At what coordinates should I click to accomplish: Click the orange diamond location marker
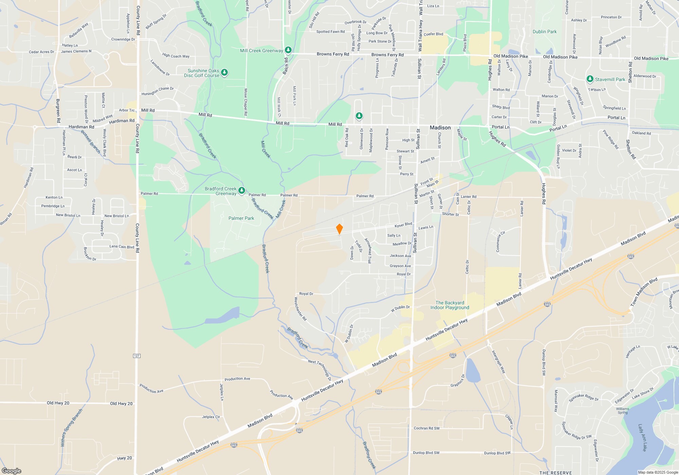click(x=339, y=229)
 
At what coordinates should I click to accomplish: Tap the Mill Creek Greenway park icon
click(x=288, y=51)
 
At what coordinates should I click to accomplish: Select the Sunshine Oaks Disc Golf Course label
click(x=202, y=73)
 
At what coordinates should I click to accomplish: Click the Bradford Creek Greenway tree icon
click(x=242, y=191)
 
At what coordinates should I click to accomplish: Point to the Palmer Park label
click(x=241, y=218)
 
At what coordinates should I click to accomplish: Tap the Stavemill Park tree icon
click(x=590, y=79)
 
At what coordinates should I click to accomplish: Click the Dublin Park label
click(x=545, y=32)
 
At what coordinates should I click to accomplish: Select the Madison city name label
click(x=440, y=128)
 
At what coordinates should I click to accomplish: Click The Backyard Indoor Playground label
click(x=449, y=305)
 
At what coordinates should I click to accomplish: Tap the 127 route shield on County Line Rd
click(x=137, y=356)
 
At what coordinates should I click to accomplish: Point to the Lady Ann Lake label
click(x=643, y=437)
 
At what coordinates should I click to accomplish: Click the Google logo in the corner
click(x=12, y=471)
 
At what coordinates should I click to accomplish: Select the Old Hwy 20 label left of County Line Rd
click(x=58, y=403)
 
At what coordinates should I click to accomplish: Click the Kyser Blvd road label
click(x=403, y=225)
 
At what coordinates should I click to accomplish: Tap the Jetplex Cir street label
click(x=211, y=417)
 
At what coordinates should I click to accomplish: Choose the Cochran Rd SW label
click(x=426, y=428)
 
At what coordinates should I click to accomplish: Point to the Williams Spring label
click(x=623, y=411)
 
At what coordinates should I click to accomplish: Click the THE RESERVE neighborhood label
click(x=555, y=473)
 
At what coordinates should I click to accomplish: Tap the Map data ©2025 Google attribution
click(x=658, y=472)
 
